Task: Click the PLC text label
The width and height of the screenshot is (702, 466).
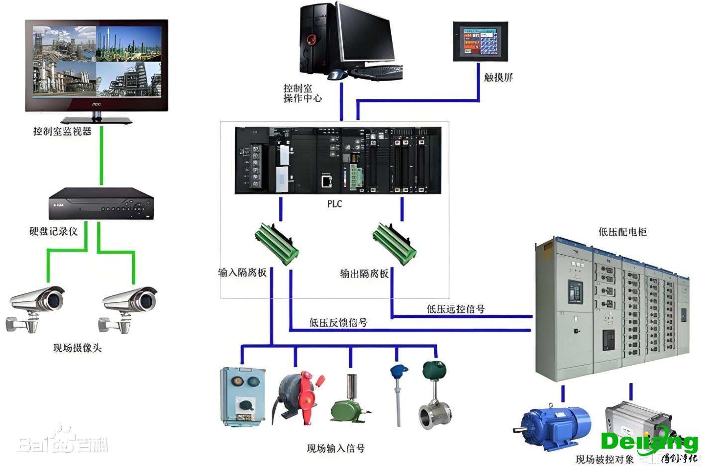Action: [334, 204]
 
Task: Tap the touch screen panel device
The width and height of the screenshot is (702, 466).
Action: [480, 41]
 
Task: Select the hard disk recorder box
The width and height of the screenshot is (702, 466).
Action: [101, 203]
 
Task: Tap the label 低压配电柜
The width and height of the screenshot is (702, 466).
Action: [622, 232]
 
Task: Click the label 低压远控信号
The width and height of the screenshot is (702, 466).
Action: [455, 309]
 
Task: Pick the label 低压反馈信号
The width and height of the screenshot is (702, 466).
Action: [338, 323]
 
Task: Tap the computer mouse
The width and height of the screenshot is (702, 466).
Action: [337, 75]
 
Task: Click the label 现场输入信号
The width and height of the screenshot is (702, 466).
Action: [336, 449]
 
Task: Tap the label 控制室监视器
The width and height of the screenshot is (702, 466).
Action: [62, 131]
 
